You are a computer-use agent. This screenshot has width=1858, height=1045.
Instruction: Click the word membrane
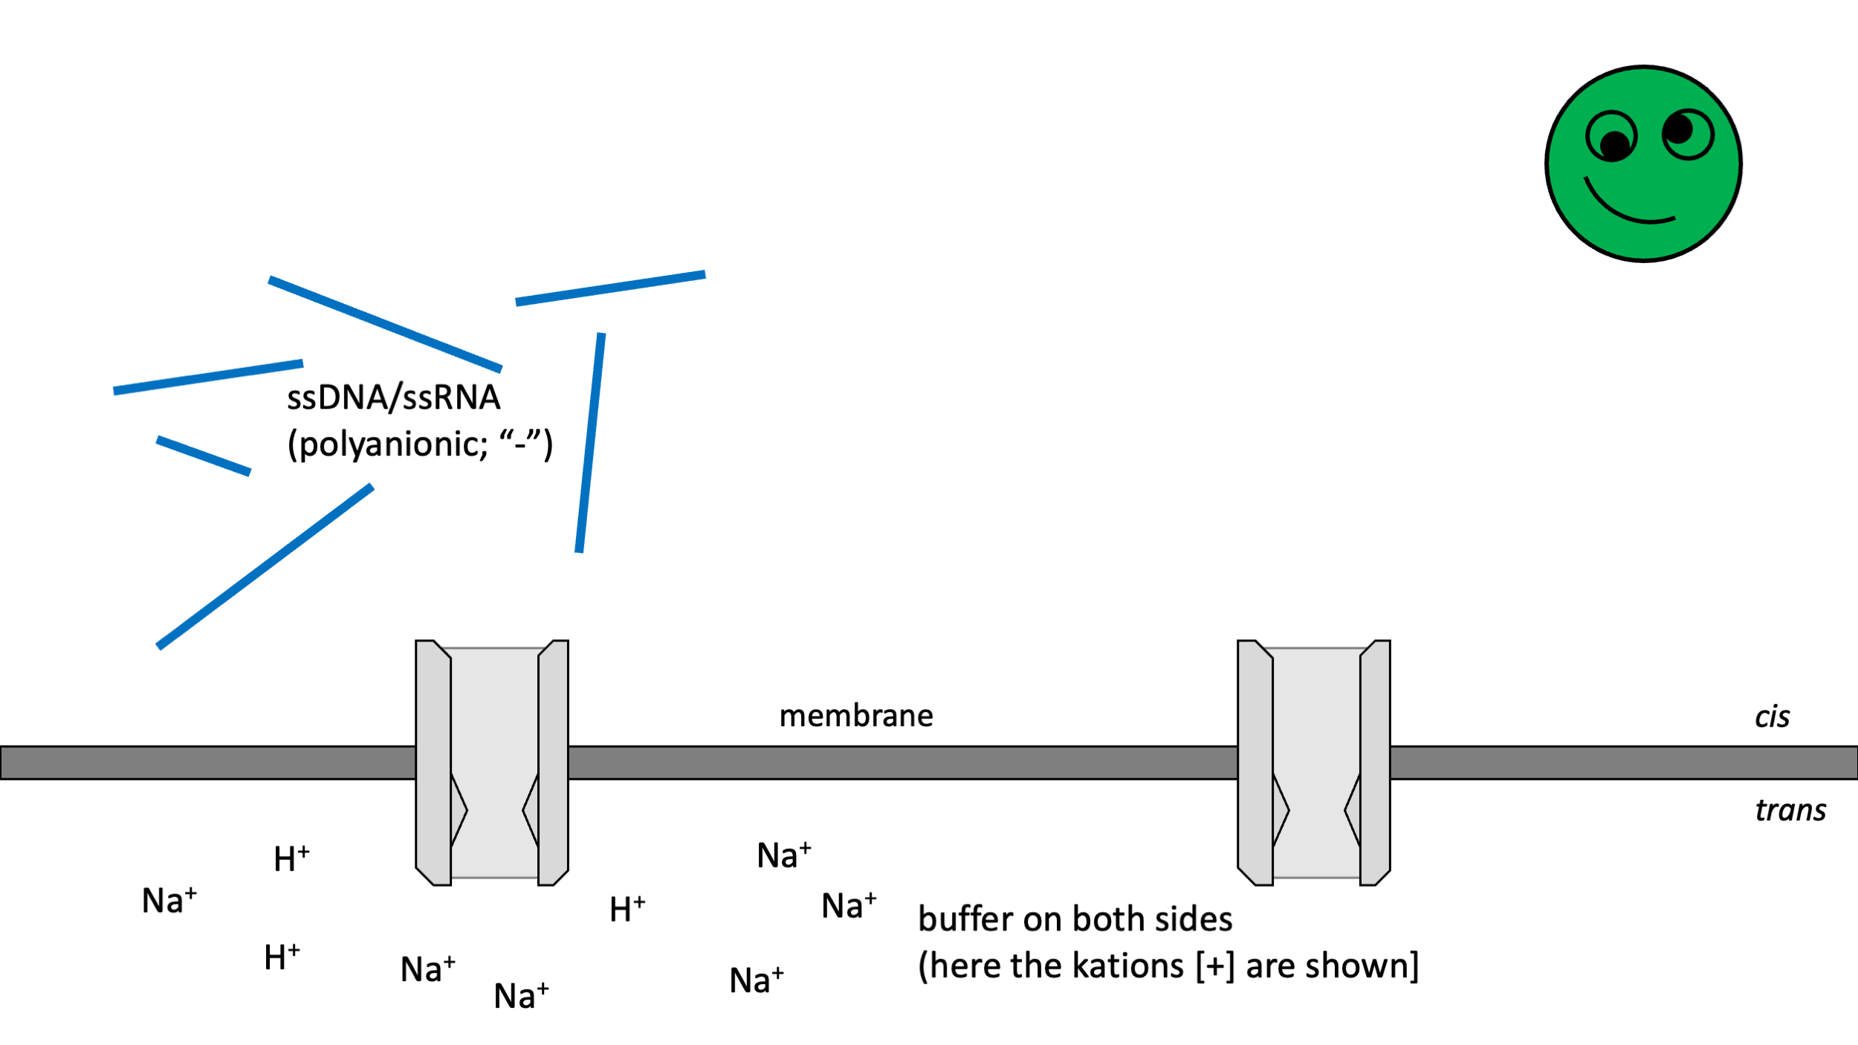click(x=856, y=716)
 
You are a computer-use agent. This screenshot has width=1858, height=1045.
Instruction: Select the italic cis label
click(x=1772, y=717)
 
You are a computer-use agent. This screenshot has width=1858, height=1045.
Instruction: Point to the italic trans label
click(x=1790, y=810)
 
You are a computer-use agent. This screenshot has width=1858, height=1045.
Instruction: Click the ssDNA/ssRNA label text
click(x=393, y=398)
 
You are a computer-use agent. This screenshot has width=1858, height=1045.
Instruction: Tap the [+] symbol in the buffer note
click(x=1214, y=966)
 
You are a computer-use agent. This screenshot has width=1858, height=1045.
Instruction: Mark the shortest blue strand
click(x=203, y=456)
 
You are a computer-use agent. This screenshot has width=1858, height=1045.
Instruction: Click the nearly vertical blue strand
click(x=590, y=443)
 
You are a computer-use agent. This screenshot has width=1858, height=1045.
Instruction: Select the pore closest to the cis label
click(x=1313, y=763)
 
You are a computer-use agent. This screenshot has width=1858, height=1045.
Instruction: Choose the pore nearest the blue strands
click(x=491, y=763)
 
